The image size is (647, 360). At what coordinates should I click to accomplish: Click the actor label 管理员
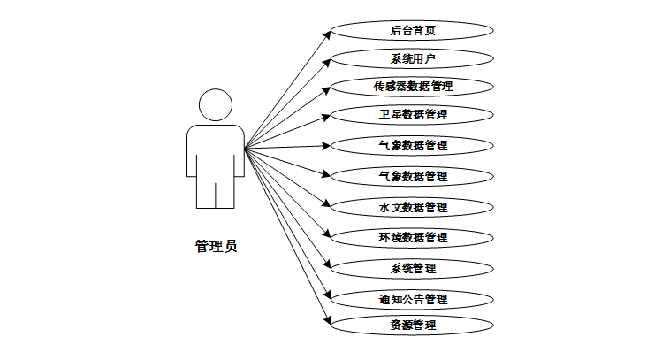pos(216,246)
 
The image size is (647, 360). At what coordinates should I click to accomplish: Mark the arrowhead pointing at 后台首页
pos(327,34)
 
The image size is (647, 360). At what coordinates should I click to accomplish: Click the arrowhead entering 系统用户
pos(327,63)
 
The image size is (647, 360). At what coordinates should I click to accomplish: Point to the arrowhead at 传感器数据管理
pos(326,90)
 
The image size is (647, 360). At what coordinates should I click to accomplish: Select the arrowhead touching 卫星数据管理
pos(326,118)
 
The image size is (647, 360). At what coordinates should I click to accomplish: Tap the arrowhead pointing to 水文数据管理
pos(327,203)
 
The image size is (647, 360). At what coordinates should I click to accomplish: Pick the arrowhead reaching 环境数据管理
pos(327,234)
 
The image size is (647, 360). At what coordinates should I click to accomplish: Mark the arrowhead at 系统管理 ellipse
pos(328,264)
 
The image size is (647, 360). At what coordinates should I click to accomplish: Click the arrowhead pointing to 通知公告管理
pos(328,295)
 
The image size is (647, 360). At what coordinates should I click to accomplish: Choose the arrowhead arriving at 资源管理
pos(328,320)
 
